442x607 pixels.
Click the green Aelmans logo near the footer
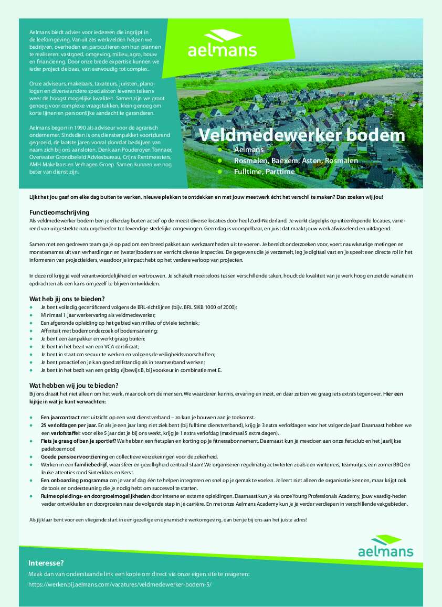pos(385,546)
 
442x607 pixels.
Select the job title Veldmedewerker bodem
pos(302,135)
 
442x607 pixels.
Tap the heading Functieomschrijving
pos(59,212)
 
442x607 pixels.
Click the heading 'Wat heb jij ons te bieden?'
pos(67,299)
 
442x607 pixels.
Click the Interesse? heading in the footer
pos(46,563)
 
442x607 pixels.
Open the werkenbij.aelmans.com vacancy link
pos(120,584)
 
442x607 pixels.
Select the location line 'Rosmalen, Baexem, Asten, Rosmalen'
pos(296,161)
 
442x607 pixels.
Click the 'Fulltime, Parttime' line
pos(264,172)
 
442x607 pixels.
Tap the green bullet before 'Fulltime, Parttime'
pos(220,172)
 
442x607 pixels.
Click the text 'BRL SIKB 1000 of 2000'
pos(206,307)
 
